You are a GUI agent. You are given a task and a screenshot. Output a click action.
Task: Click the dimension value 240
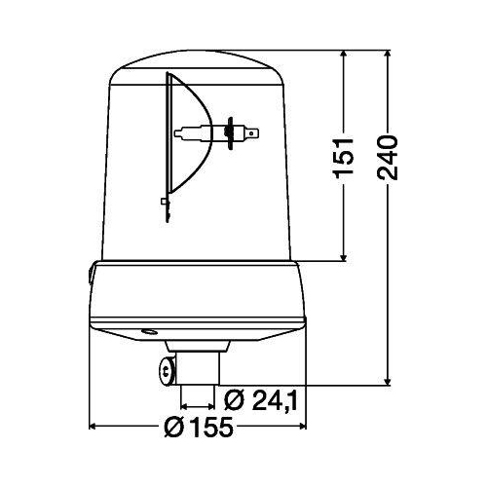coord(389,156)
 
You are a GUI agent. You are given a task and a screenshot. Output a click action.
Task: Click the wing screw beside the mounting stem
coord(166,368)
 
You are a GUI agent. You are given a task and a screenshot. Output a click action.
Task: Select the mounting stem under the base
coord(198,375)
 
